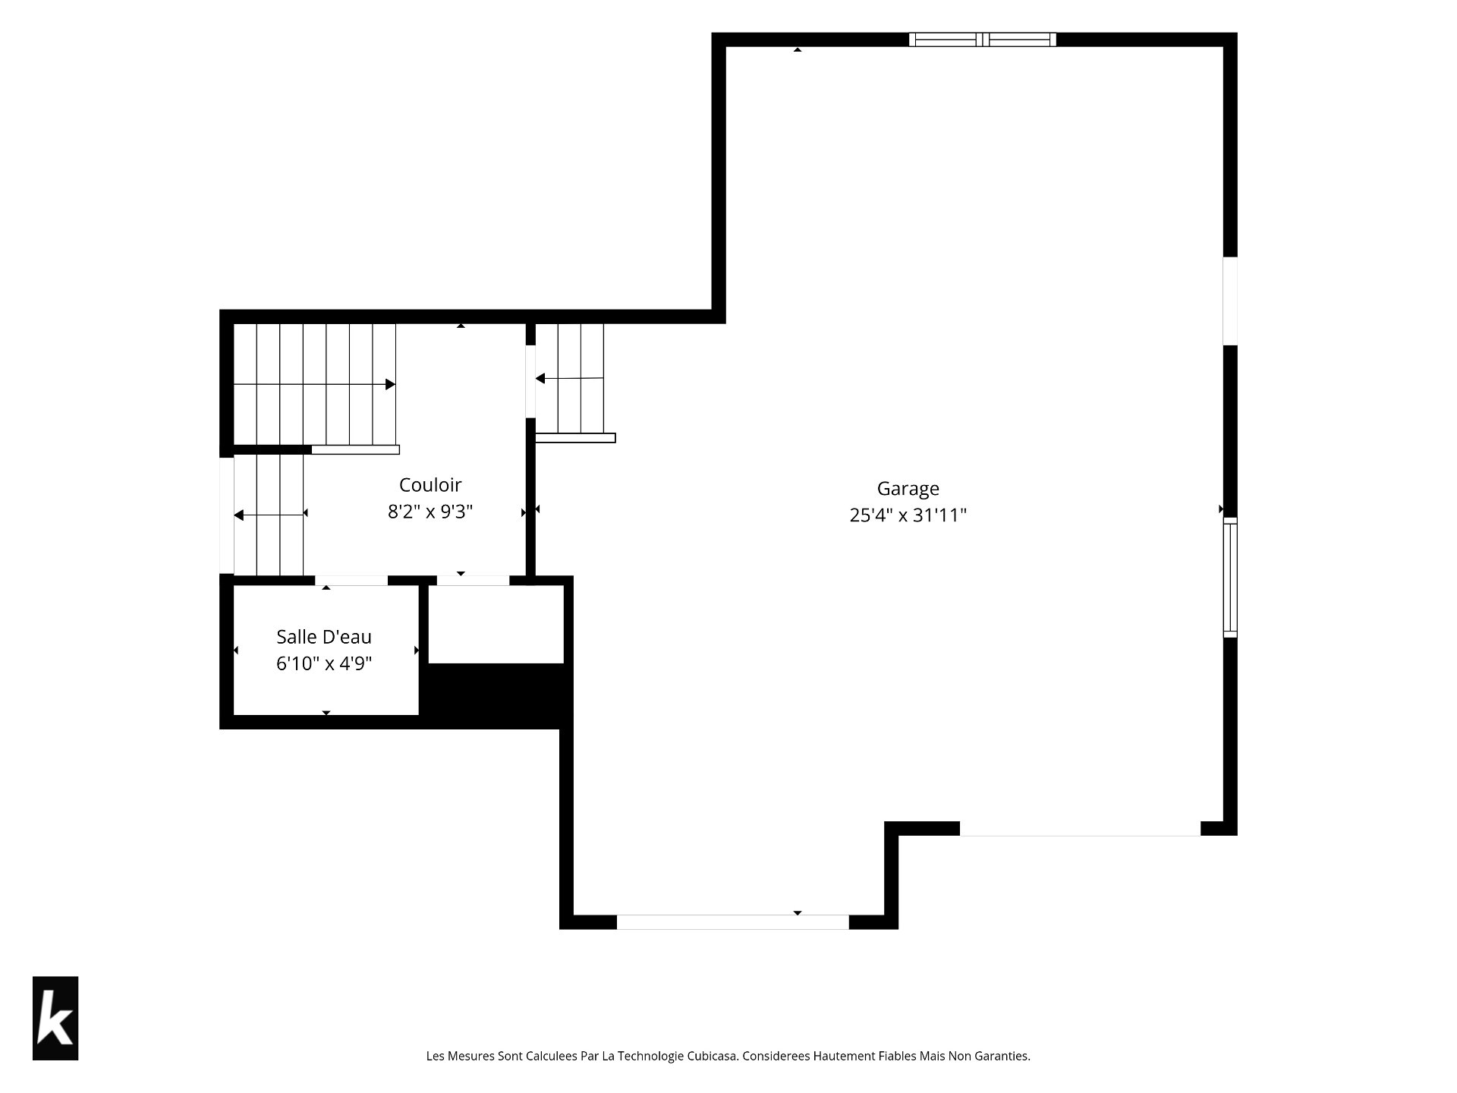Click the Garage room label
pyautogui.click(x=908, y=490)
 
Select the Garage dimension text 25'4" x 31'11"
pyautogui.click(x=908, y=515)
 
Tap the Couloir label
pyautogui.click(x=430, y=485)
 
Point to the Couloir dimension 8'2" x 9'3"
pyautogui.click(x=430, y=512)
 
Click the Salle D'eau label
pyautogui.click(x=324, y=637)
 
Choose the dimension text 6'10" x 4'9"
pyautogui.click(x=324, y=664)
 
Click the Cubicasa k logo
pyautogui.click(x=55, y=1018)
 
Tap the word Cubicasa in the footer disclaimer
pyautogui.click(x=713, y=1056)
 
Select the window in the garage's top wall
pyautogui.click(x=983, y=39)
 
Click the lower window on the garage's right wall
pyautogui.click(x=1230, y=578)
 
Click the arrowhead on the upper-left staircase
pyautogui.click(x=390, y=385)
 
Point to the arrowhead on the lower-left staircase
pyautogui.click(x=238, y=516)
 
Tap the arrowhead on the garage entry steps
pyautogui.click(x=540, y=379)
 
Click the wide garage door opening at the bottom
pyautogui.click(x=732, y=922)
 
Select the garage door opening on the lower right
pyautogui.click(x=1080, y=829)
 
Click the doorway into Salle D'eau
pyautogui.click(x=351, y=581)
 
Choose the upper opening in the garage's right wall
pyautogui.click(x=1230, y=301)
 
